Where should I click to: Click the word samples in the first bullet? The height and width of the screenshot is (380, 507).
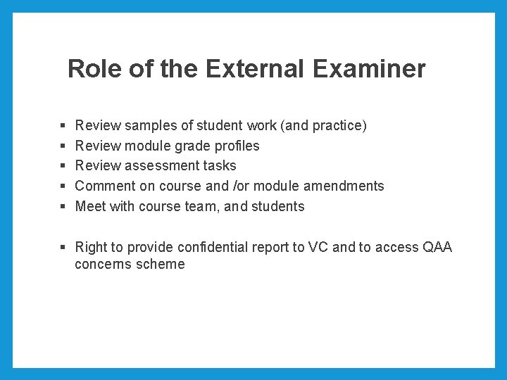point(151,126)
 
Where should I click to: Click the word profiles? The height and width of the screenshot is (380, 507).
point(232,146)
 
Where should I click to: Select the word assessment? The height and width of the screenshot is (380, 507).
point(160,166)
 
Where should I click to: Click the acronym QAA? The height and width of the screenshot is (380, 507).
point(437,248)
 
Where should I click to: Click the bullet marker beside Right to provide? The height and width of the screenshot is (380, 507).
point(63,248)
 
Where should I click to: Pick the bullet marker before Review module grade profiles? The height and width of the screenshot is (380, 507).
point(63,146)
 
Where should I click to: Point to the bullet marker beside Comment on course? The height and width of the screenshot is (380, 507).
point(63,186)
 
